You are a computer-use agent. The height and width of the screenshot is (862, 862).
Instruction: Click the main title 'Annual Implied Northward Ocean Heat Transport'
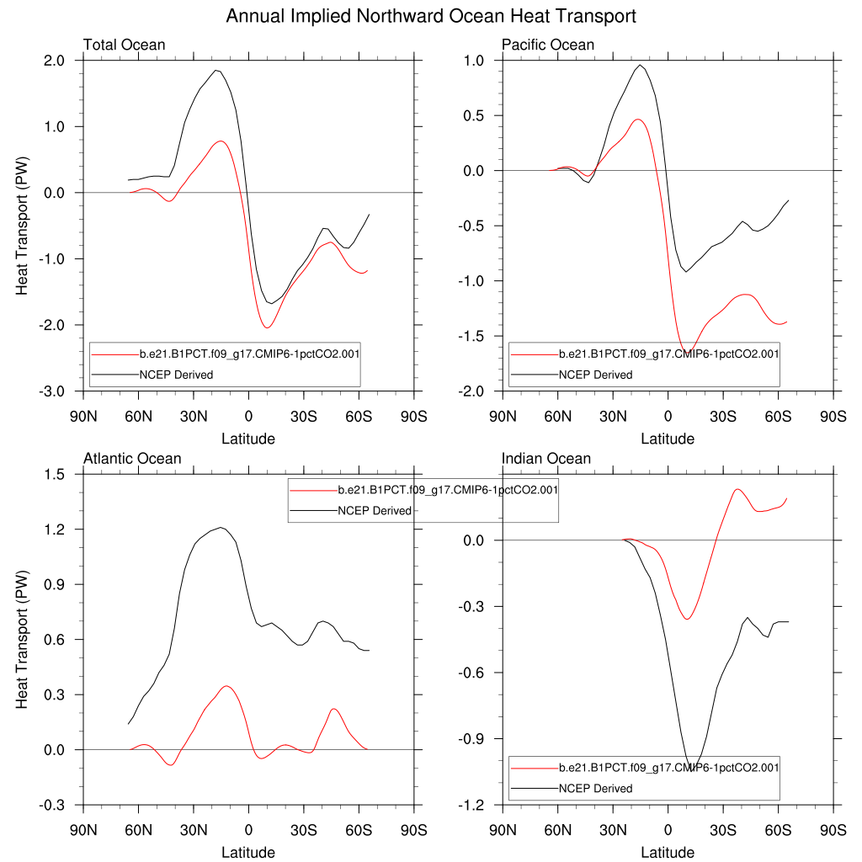coord(431,16)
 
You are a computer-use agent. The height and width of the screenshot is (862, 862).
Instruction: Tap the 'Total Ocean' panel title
coord(124,45)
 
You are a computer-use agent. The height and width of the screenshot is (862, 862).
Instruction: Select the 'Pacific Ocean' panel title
coord(548,45)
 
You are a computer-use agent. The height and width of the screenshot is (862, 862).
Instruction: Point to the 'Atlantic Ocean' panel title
coord(132,459)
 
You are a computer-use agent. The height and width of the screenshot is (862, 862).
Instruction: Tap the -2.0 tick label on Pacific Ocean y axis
coord(471,391)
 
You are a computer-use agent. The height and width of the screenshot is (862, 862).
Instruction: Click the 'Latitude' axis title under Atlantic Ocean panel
coord(248,853)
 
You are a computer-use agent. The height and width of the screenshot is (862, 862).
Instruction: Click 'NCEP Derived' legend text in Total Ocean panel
coord(176,375)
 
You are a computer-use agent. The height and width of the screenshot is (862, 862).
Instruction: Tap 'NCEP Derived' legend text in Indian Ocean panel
coord(595,789)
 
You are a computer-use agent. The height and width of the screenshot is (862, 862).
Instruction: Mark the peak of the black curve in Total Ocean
coord(216,71)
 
